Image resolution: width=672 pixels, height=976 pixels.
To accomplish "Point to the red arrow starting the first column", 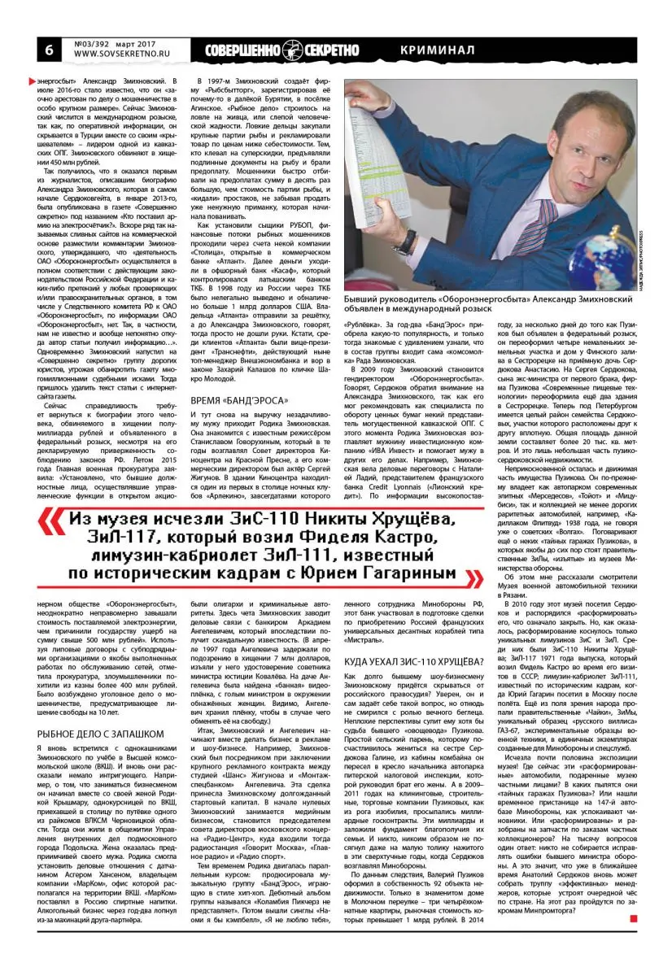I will (x=33, y=82).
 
